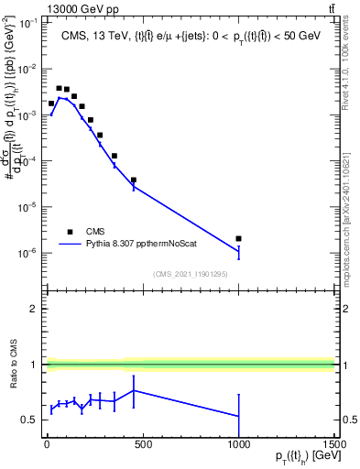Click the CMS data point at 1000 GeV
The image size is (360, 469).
(x=238, y=239)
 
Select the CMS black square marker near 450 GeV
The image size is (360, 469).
(x=134, y=180)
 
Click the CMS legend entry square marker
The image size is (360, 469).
(x=70, y=233)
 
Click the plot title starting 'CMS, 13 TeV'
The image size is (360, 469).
(x=190, y=36)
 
